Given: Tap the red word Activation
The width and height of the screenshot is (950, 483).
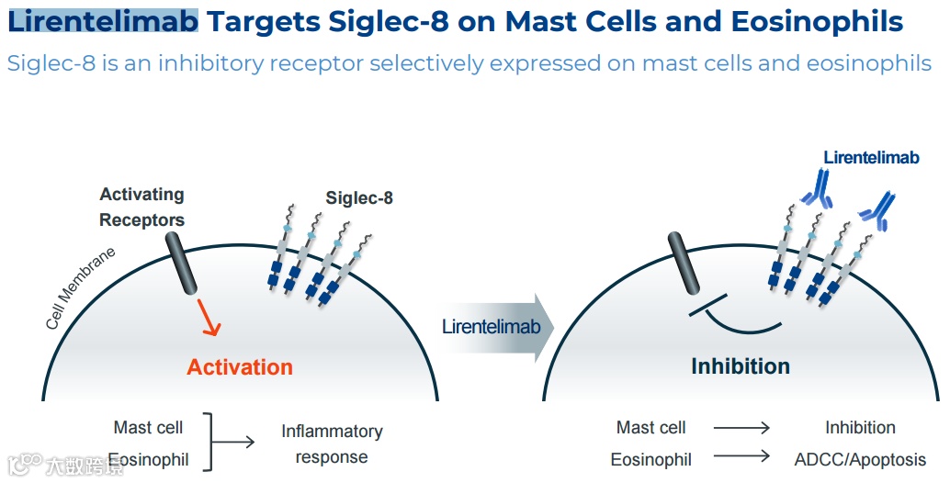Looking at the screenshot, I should [240, 367].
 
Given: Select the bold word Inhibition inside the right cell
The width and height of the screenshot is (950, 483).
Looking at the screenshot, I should [740, 366].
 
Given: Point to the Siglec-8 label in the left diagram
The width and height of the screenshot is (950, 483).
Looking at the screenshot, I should [359, 197].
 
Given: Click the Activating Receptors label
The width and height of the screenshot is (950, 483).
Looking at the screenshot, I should [141, 208].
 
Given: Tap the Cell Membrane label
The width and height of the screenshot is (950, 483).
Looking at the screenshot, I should [81, 288].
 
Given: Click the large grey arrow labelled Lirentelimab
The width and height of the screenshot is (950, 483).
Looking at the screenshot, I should [496, 327].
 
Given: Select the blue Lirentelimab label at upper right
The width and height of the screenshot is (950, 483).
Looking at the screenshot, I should [871, 158].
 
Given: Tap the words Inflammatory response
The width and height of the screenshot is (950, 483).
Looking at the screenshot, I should [332, 444].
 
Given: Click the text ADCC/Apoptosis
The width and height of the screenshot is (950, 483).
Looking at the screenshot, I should [860, 459].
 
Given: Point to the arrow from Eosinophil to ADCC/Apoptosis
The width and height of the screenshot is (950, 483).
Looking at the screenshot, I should [741, 456].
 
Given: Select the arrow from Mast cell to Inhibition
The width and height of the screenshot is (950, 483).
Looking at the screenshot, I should [741, 428].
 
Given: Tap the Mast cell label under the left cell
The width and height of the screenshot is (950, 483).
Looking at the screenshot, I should [148, 428].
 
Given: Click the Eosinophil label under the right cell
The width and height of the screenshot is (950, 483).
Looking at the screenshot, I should [651, 459].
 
